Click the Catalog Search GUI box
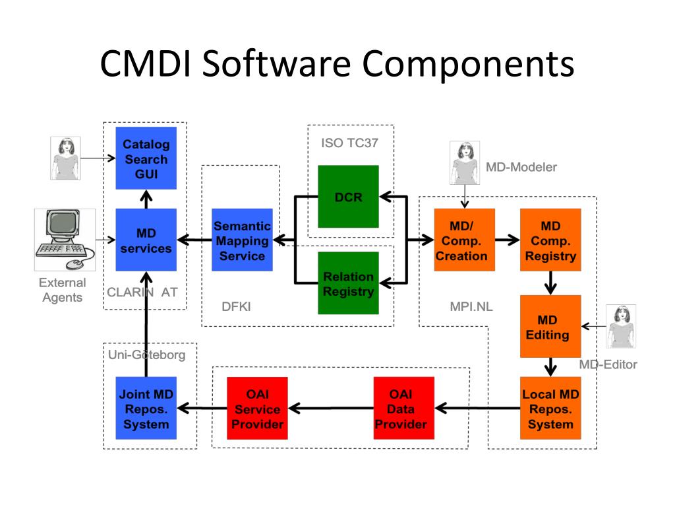[x=146, y=158]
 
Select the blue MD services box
[x=146, y=240]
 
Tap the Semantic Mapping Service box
[x=242, y=240]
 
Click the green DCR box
[x=348, y=197]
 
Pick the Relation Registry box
[x=348, y=283]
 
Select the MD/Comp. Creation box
[x=461, y=240]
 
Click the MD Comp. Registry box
[x=550, y=240]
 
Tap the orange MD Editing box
[x=550, y=326]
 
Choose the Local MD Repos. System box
[x=550, y=409]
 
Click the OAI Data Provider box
[x=403, y=409]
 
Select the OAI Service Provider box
[x=257, y=409]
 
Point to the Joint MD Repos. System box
[x=146, y=409]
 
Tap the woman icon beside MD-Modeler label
[x=465, y=162]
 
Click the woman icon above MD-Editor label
[x=620, y=326]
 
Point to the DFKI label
[x=236, y=306]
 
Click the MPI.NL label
[x=471, y=306]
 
